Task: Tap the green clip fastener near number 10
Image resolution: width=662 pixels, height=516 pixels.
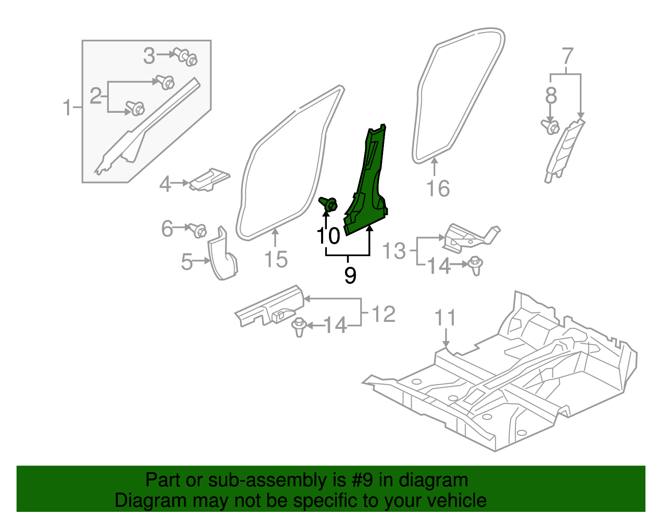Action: click(x=329, y=204)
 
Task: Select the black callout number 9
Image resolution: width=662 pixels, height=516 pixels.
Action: click(x=350, y=275)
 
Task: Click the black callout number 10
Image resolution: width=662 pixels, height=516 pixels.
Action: click(x=328, y=236)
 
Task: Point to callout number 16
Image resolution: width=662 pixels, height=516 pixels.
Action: click(x=438, y=189)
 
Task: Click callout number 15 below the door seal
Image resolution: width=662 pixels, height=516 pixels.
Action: click(x=276, y=259)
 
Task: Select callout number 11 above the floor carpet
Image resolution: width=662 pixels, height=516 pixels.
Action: click(x=445, y=318)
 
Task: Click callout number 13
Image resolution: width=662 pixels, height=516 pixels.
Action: click(x=394, y=251)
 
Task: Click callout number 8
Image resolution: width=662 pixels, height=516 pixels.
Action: click(x=551, y=96)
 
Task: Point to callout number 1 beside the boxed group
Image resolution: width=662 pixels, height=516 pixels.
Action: click(x=67, y=107)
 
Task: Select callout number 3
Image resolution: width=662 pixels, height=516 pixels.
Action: click(x=149, y=56)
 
